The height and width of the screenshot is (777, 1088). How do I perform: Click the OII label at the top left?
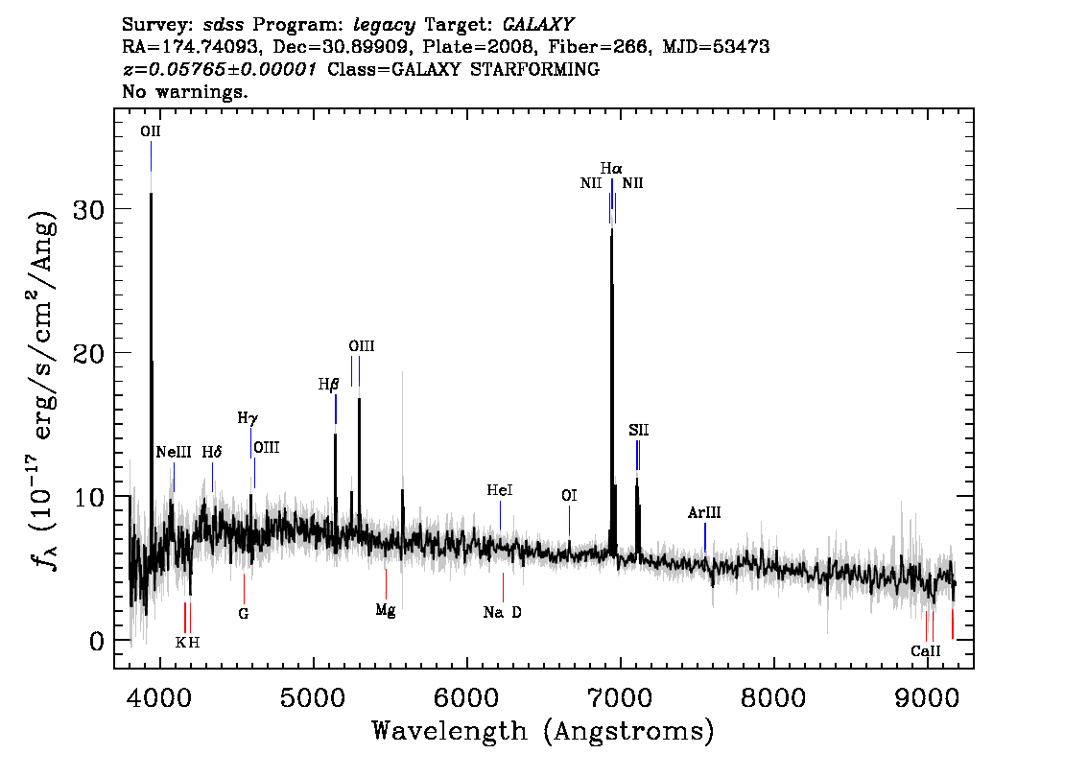151,131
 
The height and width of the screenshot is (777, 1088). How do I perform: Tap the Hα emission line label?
611,169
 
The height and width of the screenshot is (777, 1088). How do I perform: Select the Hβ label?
328,385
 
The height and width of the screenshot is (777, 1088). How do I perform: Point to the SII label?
638,430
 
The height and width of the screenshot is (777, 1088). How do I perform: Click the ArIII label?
704,512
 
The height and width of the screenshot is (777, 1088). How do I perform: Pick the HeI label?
500,490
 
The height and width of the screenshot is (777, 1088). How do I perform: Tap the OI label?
569,495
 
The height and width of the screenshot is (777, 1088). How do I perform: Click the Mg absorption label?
385,610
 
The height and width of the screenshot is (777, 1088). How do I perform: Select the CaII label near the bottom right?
926,650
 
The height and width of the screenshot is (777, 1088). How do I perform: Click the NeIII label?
174,453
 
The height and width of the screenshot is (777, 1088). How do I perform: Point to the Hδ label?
212,453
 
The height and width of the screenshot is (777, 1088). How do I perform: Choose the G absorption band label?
244,614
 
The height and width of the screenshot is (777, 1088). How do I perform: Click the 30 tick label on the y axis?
88,209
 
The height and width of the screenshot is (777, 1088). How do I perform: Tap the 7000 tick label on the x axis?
619,698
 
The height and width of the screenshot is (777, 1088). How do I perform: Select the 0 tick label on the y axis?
97,641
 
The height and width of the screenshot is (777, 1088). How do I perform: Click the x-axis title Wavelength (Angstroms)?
543,731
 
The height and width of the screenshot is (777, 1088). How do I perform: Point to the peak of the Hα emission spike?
611,227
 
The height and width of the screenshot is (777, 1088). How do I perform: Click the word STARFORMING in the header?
535,69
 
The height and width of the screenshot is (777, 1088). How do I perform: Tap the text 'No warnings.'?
184,91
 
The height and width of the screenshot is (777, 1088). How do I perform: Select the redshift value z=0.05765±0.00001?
220,69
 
